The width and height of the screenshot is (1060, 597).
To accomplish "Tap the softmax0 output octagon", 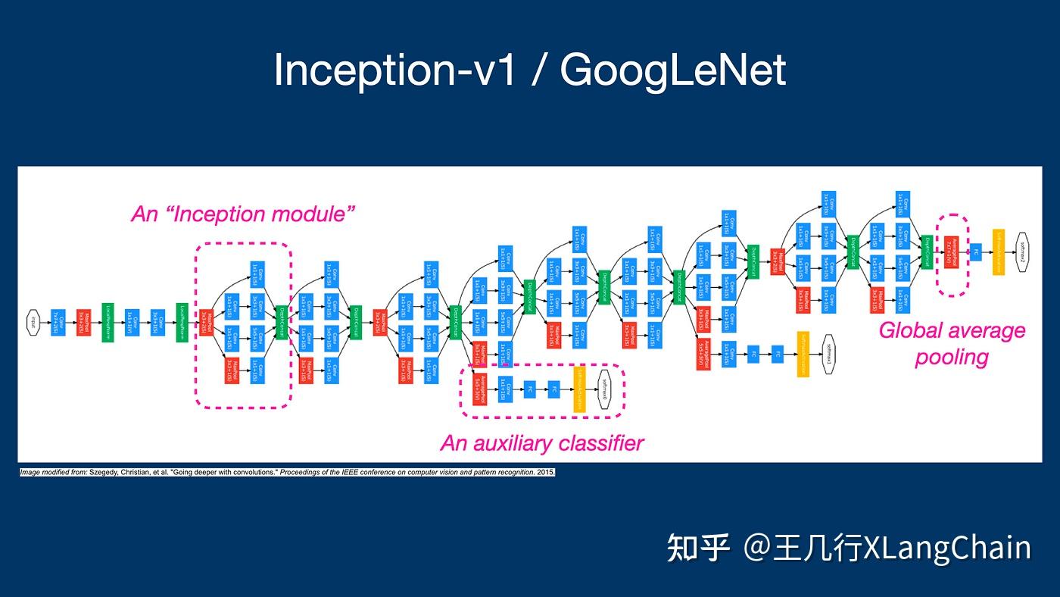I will pyautogui.click(x=603, y=389).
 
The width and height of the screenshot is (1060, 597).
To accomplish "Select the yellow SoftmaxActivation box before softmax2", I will pyautogui.click(x=998, y=252).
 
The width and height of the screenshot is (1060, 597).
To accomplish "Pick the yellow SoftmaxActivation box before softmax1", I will pyautogui.click(x=803, y=354).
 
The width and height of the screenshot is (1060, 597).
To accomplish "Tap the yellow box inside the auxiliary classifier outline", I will pyautogui.click(x=579, y=389).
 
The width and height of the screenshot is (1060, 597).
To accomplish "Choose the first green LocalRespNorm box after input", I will pyautogui.click(x=108, y=322).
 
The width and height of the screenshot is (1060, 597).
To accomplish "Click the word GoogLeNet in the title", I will pyautogui.click(x=673, y=70).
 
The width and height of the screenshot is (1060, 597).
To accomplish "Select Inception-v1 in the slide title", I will pyautogui.click(x=394, y=70).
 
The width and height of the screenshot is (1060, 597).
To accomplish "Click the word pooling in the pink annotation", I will pyautogui.click(x=952, y=357).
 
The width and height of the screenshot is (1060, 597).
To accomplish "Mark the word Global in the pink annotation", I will pyautogui.click(x=913, y=331).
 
